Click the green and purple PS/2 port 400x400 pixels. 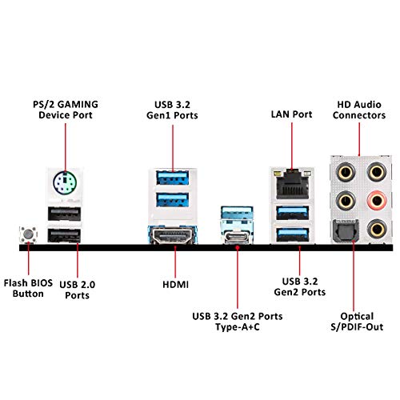click(x=65, y=183)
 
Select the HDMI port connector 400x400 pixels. click(x=173, y=235)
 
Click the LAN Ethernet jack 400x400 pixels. click(x=292, y=184)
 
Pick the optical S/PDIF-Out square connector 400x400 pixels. click(x=346, y=230)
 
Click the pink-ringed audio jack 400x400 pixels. click(x=376, y=201)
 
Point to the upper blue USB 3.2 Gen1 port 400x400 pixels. click(x=173, y=178)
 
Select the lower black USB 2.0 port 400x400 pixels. click(x=64, y=235)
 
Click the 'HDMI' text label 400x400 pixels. click(x=175, y=285)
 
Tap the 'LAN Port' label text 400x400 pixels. click(x=291, y=114)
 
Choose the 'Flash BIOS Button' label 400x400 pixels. click(x=28, y=288)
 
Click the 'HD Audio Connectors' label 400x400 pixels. click(x=359, y=110)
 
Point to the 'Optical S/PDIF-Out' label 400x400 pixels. click(x=357, y=322)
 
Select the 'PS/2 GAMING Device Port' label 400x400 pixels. click(x=66, y=110)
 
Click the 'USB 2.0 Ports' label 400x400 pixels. click(x=77, y=290)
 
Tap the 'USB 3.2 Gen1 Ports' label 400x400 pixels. click(x=172, y=110)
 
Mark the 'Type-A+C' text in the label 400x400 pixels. click(x=238, y=327)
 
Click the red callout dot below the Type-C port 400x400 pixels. click(x=238, y=248)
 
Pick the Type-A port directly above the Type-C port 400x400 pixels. click(x=237, y=214)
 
